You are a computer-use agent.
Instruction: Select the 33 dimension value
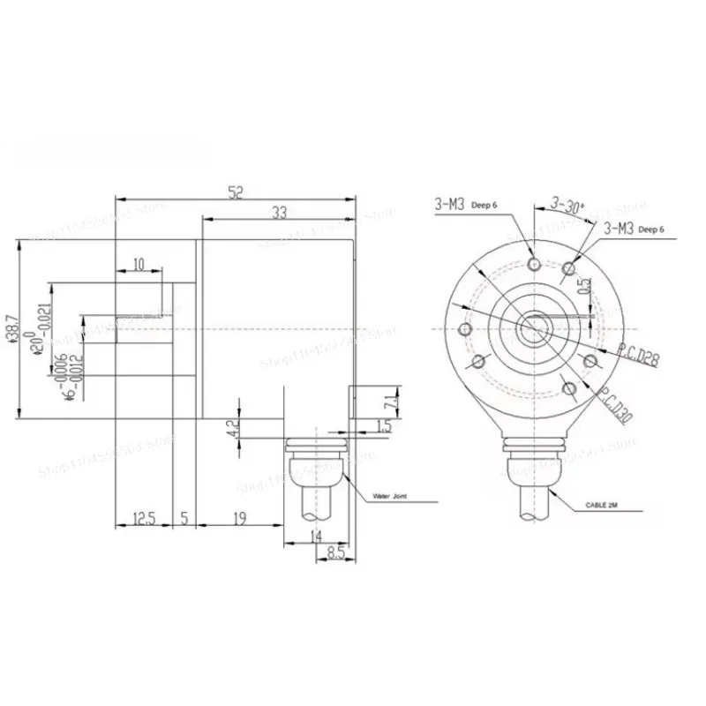pyautogui.click(x=279, y=212)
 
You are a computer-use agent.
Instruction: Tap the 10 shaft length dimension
pyautogui.click(x=139, y=265)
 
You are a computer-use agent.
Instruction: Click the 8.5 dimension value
pyautogui.click(x=335, y=554)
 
